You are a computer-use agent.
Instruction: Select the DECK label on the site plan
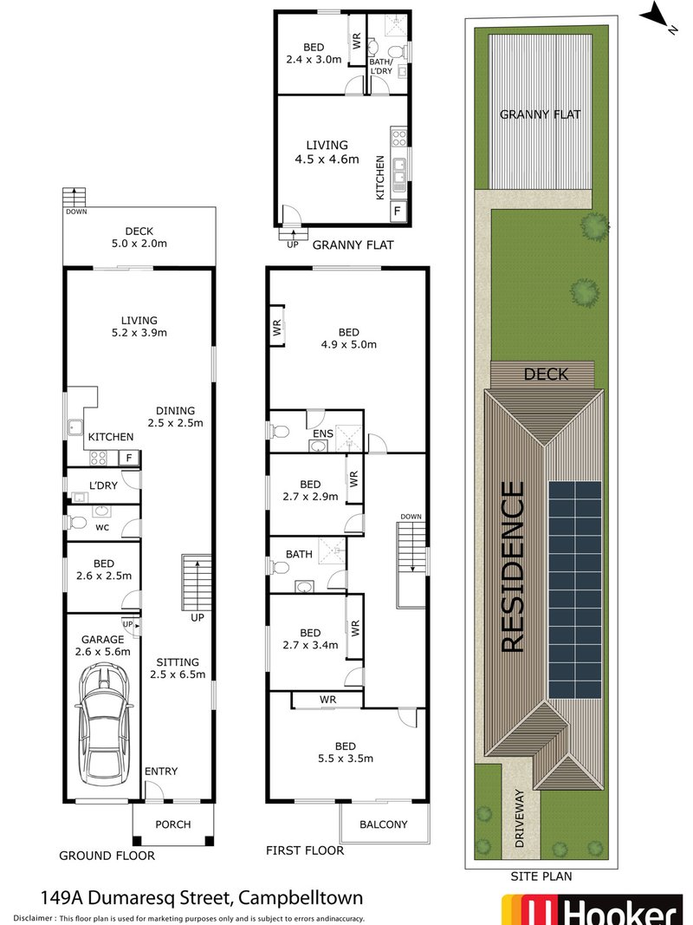tap(546, 375)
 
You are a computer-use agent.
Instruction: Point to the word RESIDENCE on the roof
tap(513, 567)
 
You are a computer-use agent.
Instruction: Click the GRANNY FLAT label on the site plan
tap(540, 114)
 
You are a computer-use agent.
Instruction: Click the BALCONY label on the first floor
tap(384, 824)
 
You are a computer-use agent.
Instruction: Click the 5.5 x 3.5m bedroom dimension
tap(343, 759)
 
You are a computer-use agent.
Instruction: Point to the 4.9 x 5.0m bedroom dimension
tap(350, 344)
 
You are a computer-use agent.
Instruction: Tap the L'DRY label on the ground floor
tap(102, 485)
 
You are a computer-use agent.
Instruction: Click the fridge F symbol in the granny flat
tap(398, 211)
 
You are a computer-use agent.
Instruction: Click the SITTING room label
tap(177, 661)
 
